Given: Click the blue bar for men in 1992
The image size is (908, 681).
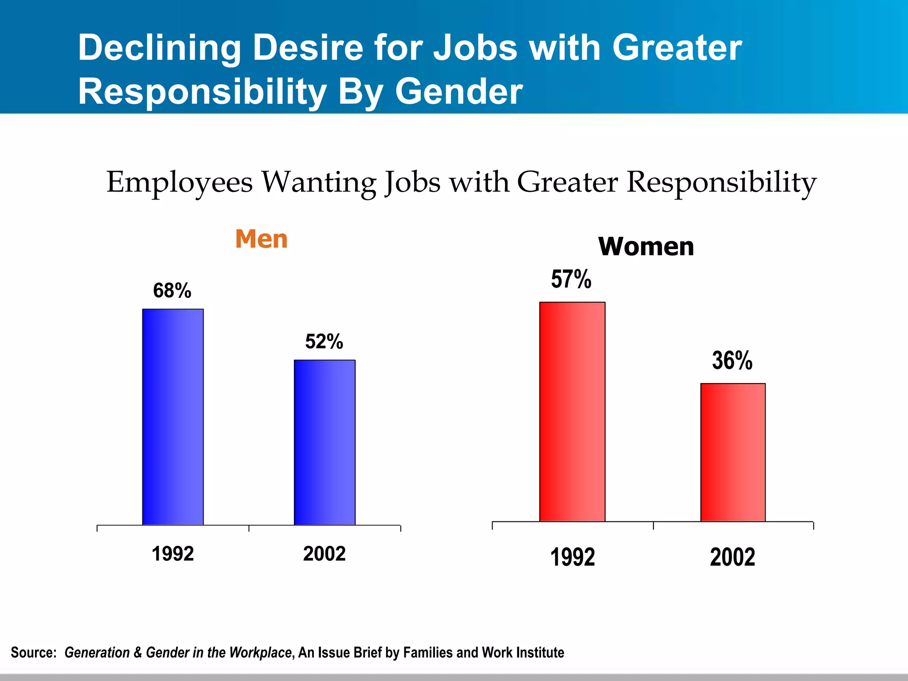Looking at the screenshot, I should [x=173, y=417].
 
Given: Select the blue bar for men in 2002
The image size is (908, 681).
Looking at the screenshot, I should [x=325, y=442].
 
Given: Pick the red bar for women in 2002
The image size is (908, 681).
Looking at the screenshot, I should [x=733, y=452].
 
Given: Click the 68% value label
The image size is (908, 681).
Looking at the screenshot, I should [x=172, y=291].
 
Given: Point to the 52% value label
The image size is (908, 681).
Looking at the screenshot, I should [x=324, y=342].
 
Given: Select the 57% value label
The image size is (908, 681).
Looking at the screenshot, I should [x=571, y=279].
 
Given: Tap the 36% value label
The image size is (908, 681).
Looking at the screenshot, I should [x=732, y=360].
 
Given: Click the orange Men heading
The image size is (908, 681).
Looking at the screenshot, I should [x=262, y=239].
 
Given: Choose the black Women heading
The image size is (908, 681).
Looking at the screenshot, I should [x=646, y=247].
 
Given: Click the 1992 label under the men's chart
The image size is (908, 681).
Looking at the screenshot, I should [x=173, y=554].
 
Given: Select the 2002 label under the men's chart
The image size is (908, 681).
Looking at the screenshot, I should [x=324, y=554].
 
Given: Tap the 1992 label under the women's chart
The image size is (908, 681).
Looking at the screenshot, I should [x=572, y=557].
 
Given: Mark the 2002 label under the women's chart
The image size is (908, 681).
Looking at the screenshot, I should [x=732, y=557].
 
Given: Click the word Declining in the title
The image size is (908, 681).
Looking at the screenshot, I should [x=159, y=49].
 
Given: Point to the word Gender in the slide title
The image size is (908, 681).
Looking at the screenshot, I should [x=459, y=92].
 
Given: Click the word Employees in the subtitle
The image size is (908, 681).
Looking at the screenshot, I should [x=180, y=183].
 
